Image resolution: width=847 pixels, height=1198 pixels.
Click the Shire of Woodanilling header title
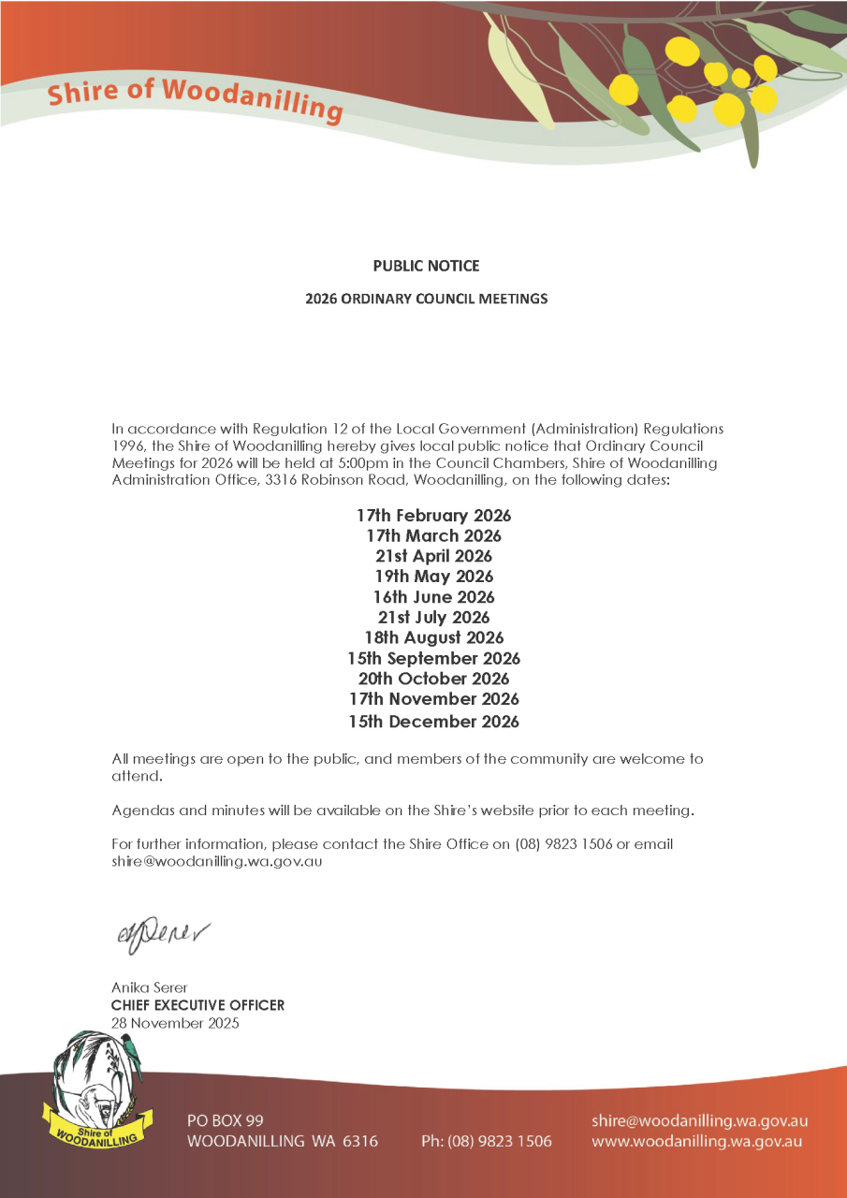click(x=195, y=99)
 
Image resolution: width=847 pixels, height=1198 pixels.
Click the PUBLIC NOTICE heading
click(x=426, y=266)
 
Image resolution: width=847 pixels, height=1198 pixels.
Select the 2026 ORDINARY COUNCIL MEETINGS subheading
click(x=426, y=299)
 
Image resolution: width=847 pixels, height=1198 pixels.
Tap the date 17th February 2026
click(x=433, y=516)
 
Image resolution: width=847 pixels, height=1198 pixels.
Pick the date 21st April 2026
click(x=433, y=556)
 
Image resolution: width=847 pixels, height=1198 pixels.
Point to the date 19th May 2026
click(x=433, y=577)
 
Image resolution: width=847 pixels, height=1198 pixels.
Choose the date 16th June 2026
click(x=433, y=597)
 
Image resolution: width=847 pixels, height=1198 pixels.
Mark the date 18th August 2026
click(x=433, y=638)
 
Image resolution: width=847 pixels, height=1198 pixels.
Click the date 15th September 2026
click(x=433, y=659)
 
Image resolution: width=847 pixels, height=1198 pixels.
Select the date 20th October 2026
click(x=433, y=679)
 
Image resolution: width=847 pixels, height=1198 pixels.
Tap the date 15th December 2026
click(x=433, y=722)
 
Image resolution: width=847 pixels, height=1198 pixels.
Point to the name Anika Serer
click(x=151, y=988)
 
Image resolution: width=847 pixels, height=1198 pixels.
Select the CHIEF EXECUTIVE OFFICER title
click(x=197, y=1005)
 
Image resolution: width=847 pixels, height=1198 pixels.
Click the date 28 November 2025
click(x=175, y=1023)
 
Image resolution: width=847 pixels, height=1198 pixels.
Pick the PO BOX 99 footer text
click(x=225, y=1121)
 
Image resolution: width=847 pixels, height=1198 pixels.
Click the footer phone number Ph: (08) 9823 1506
click(x=487, y=1141)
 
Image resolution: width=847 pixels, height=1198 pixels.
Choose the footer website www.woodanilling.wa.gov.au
click(x=696, y=1141)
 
